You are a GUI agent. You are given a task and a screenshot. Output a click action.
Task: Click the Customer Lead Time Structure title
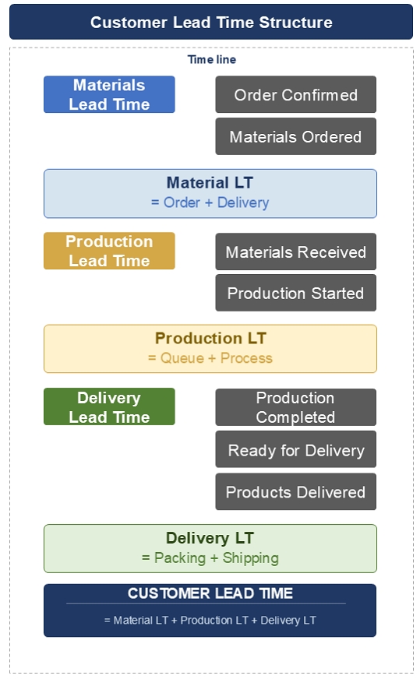tap(211, 22)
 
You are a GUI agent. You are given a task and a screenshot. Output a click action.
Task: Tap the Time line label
tap(211, 59)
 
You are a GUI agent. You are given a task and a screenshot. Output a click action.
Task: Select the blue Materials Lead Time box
tap(109, 94)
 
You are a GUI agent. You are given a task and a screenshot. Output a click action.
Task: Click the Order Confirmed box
tap(295, 94)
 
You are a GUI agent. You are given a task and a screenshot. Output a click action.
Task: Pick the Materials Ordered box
tap(295, 136)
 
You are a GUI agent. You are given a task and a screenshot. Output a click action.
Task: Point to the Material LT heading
tap(210, 183)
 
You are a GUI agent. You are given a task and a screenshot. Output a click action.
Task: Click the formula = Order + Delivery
tap(210, 202)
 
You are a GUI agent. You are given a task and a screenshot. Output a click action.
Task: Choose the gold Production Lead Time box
tap(109, 251)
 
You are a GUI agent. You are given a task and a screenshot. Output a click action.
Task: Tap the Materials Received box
tap(295, 252)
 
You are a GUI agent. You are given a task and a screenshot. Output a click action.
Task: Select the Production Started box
tap(295, 293)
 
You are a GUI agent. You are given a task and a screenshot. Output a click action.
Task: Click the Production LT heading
tap(210, 338)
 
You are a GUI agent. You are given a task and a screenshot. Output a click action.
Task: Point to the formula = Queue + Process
tap(210, 358)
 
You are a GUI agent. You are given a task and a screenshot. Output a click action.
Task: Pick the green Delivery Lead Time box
tap(109, 406)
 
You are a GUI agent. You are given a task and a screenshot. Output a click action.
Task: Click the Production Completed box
tap(295, 407)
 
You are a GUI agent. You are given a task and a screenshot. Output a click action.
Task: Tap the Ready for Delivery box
tap(295, 449)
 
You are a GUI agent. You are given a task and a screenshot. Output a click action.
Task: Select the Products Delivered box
tap(295, 491)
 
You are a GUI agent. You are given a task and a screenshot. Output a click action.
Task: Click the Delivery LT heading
tap(210, 538)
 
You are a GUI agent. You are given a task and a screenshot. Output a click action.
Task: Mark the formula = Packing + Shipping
tap(210, 558)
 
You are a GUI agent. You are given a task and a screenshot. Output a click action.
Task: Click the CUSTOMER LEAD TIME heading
tap(210, 593)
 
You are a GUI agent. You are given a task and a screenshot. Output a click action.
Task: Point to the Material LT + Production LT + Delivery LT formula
tap(210, 620)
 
